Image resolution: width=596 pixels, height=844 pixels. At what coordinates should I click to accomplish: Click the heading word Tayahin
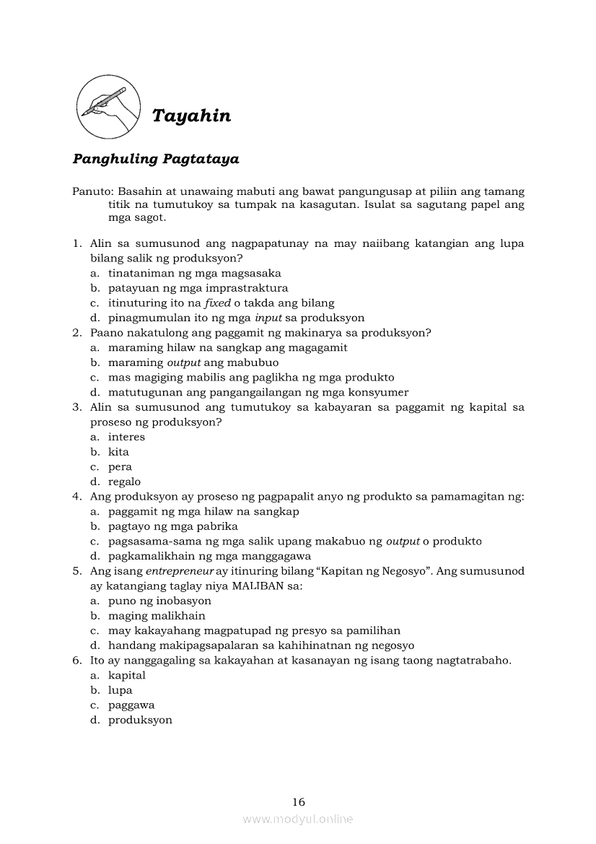pyautogui.click(x=191, y=116)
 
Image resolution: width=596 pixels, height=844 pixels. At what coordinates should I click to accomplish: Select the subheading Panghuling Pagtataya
pyautogui.click(x=156, y=159)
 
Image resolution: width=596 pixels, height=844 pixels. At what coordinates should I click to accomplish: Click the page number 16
pyautogui.click(x=299, y=801)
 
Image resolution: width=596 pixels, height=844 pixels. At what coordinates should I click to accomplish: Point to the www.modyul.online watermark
pyautogui.click(x=298, y=819)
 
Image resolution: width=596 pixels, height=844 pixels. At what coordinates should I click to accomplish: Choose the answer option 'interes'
pyautogui.click(x=126, y=437)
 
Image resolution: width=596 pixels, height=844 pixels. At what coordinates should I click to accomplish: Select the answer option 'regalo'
pyautogui.click(x=124, y=482)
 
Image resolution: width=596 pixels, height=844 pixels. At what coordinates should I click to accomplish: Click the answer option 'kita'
pyautogui.click(x=118, y=452)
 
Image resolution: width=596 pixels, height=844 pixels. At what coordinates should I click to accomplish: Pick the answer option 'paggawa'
pyautogui.click(x=131, y=705)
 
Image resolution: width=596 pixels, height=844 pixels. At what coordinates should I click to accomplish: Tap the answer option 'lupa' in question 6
pyautogui.click(x=120, y=690)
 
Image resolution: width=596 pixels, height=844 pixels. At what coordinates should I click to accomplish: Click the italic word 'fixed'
pyautogui.click(x=217, y=303)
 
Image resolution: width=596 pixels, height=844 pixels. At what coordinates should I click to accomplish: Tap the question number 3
pyautogui.click(x=76, y=407)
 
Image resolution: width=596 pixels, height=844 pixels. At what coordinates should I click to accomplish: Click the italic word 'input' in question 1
pyautogui.click(x=268, y=318)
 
